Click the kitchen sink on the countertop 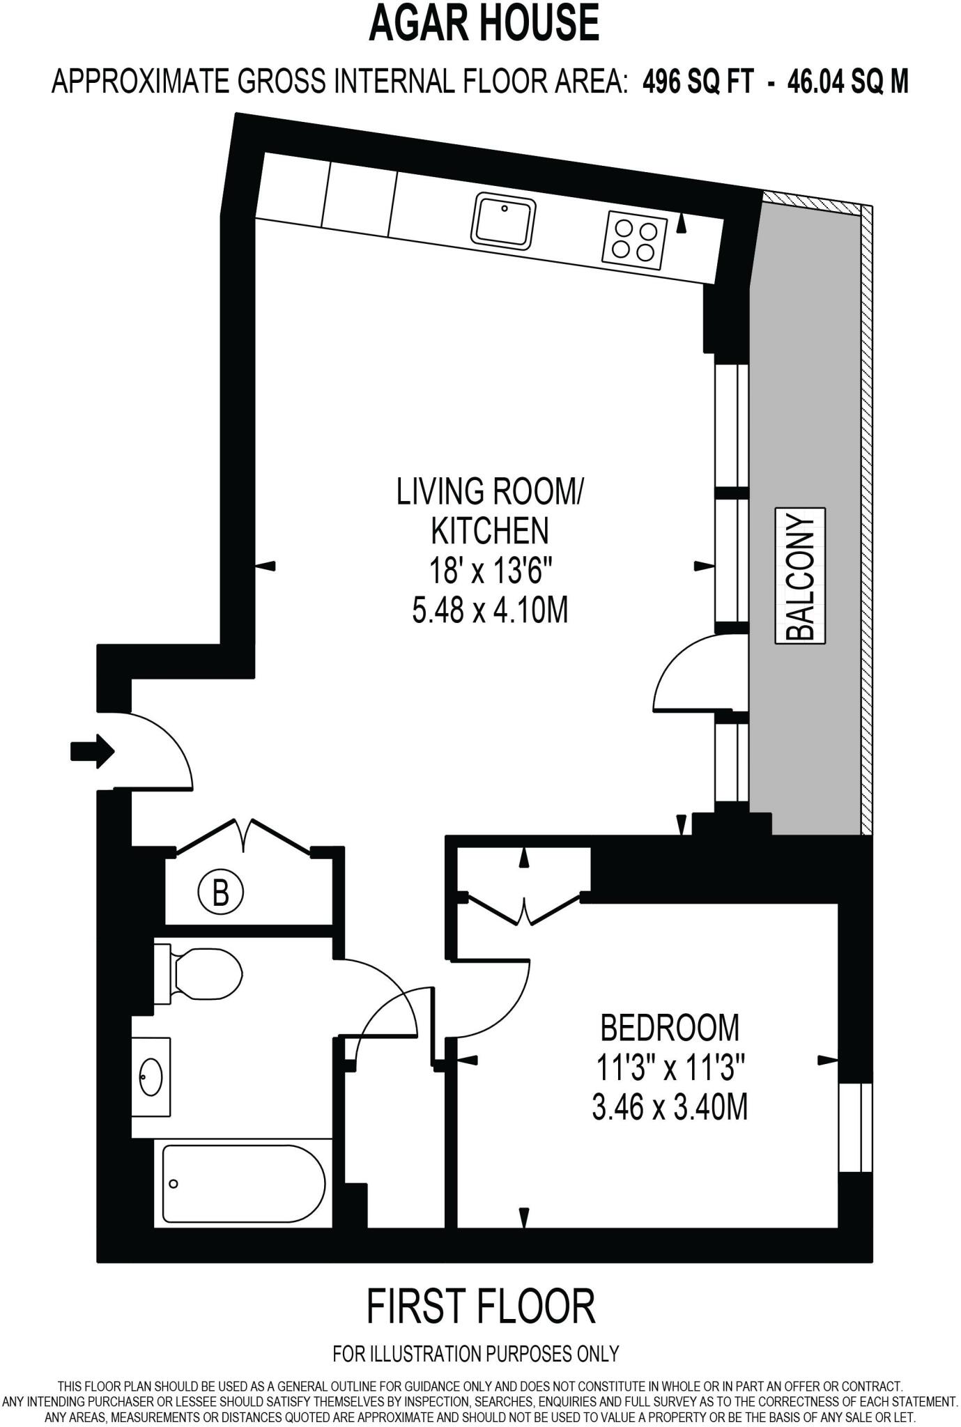click(504, 220)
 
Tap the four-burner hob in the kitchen click(635, 239)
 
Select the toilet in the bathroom click(197, 974)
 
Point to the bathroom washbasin click(151, 1077)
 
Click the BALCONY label click(800, 576)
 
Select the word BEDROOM click(670, 1027)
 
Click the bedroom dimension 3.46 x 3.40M click(670, 1107)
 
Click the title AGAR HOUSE click(484, 23)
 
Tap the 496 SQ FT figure click(698, 82)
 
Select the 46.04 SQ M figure click(848, 82)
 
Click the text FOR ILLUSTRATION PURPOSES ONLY click(476, 1353)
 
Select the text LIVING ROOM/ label click(490, 491)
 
